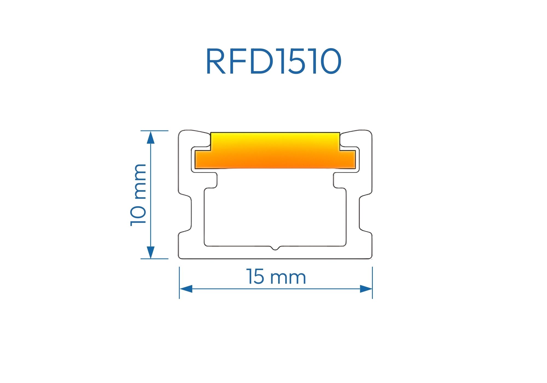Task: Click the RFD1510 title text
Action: coord(273,61)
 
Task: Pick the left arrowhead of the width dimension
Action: coord(186,289)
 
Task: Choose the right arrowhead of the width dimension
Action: coord(366,289)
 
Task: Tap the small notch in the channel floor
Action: coord(275,248)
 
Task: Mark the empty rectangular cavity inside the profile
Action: coord(275,213)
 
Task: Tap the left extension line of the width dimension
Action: coord(179,282)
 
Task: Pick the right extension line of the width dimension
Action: coord(372,282)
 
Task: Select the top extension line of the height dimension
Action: coord(155,131)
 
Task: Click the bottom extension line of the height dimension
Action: coord(155,259)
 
